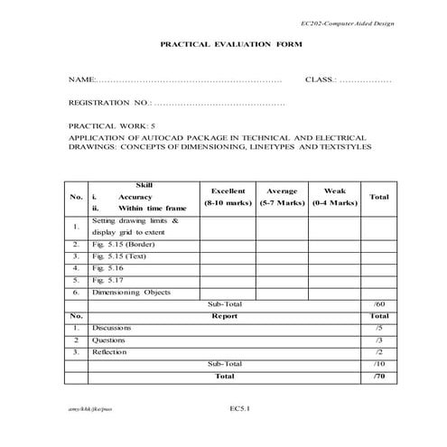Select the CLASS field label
[321, 80]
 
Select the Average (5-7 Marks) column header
[283, 197]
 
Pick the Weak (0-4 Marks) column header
[334, 197]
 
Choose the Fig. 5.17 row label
[108, 280]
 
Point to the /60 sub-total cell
[378, 304]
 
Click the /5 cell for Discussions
[378, 328]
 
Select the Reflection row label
[110, 351]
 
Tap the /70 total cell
[378, 375]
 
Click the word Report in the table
[225, 316]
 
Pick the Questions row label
[110, 340]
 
